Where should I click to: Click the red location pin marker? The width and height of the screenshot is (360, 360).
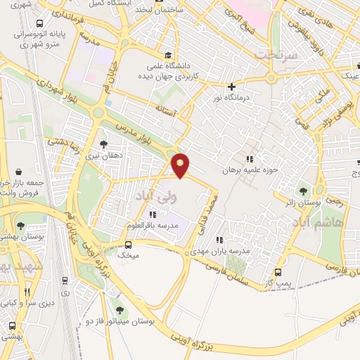click(x=181, y=166)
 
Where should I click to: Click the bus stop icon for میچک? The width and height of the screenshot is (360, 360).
click(x=128, y=245)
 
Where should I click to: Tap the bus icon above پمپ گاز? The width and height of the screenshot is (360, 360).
click(x=278, y=273)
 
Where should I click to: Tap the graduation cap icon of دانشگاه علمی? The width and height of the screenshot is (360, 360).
click(x=167, y=56)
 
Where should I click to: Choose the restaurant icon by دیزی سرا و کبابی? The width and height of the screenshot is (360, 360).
click(x=27, y=292)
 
